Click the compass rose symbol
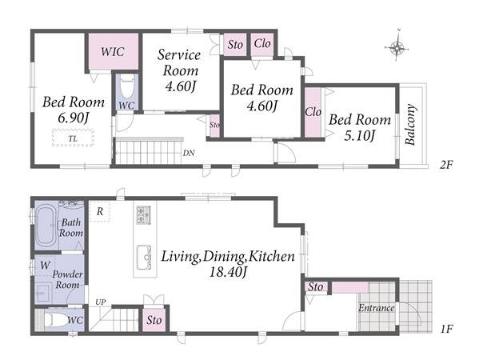[396, 48]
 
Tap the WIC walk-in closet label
[113, 51]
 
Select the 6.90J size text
[74, 118]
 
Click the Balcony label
[410, 124]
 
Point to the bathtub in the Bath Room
[46, 224]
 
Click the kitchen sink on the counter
[144, 257]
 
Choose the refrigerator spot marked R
[100, 211]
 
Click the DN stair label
[189, 153]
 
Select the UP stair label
[101, 302]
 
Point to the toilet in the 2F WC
[127, 87]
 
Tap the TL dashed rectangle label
[73, 138]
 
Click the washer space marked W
[45, 266]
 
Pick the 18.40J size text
[228, 272]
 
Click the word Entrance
[377, 308]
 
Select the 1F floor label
[446, 329]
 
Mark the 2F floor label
[445, 165]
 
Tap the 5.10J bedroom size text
[359, 136]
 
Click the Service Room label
[180, 62]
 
